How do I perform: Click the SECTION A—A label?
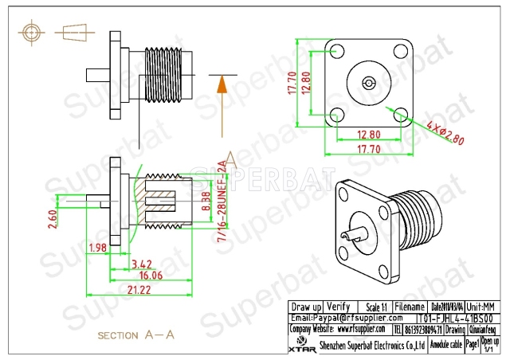[x=135, y=336]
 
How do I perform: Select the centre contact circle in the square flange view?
[x=368, y=82]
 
